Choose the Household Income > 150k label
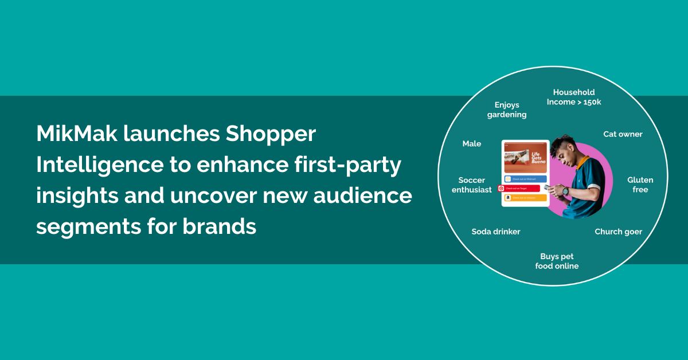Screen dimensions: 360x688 [x=573, y=97]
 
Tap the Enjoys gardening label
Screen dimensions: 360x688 [x=507, y=109]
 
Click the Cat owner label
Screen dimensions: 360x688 [x=623, y=134]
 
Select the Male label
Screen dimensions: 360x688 [x=472, y=144]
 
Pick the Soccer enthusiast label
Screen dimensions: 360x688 [x=472, y=185]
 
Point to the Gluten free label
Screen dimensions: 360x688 [x=640, y=185]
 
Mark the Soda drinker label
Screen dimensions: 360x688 [x=496, y=232]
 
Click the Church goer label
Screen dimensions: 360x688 [x=618, y=232]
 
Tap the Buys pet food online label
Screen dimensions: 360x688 [x=557, y=261]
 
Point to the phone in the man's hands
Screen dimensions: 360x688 [x=552, y=187]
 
